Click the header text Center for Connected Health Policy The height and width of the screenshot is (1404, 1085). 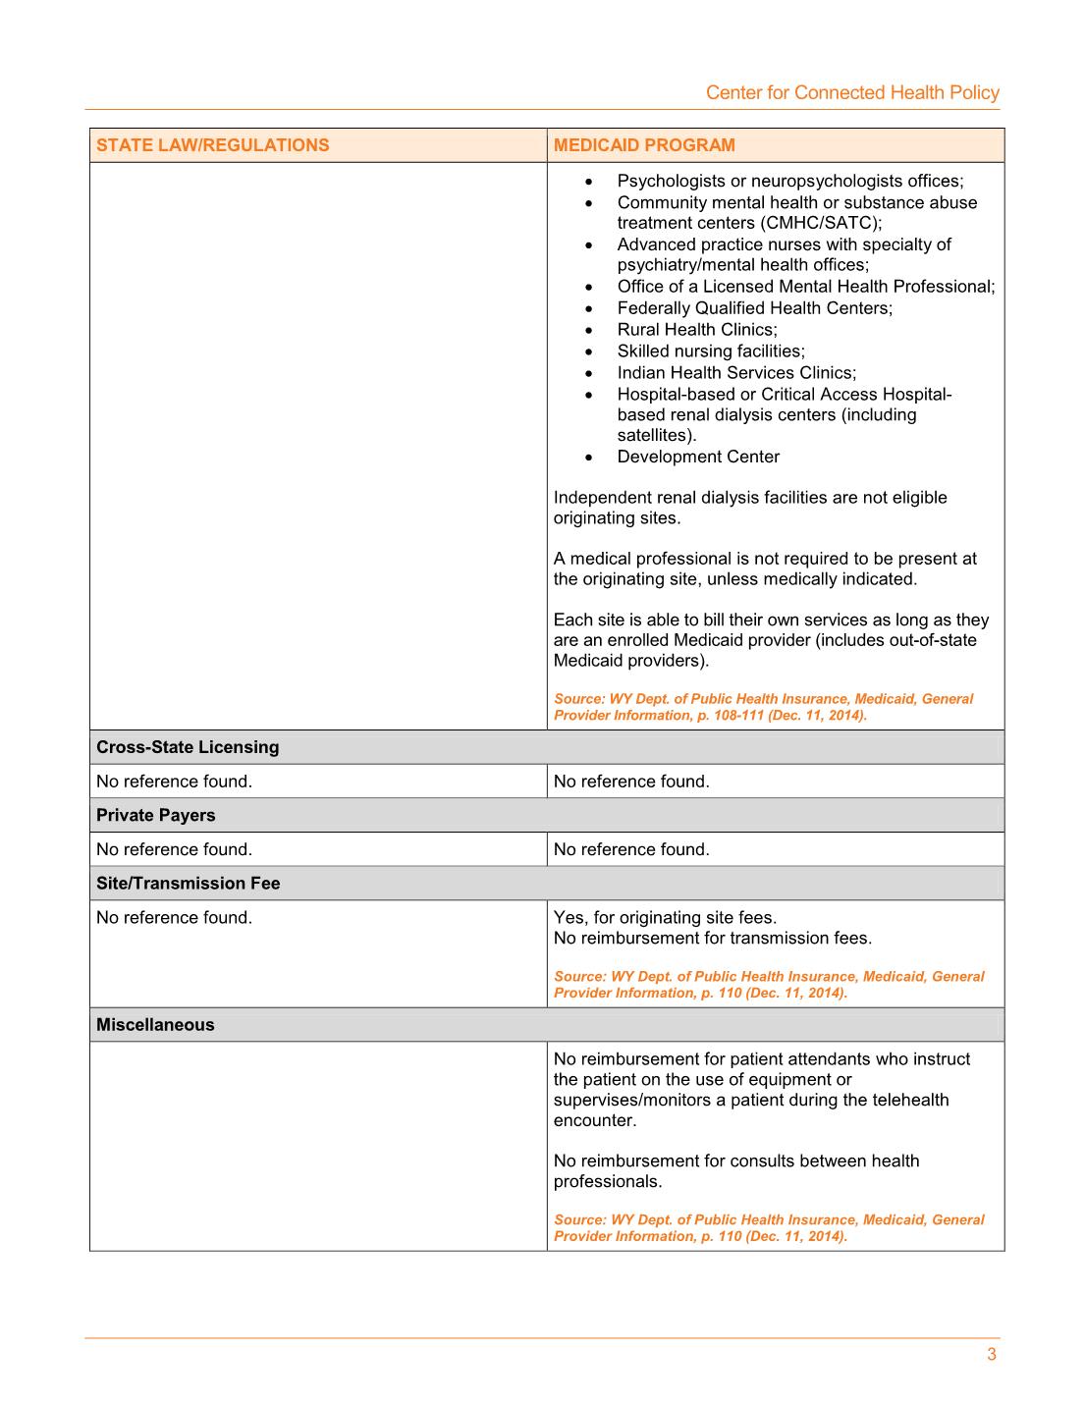pyautogui.click(x=852, y=92)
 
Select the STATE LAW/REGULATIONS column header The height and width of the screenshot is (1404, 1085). pyautogui.click(x=212, y=145)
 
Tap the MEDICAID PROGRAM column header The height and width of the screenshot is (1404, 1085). pyautogui.click(x=644, y=145)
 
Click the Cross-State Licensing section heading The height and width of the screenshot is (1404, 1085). pyautogui.click(x=188, y=747)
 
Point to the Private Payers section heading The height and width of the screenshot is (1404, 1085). pyautogui.click(x=155, y=815)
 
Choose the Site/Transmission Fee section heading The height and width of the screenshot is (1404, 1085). pyautogui.click(x=188, y=884)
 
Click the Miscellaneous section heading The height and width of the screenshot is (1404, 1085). pyautogui.click(x=155, y=1025)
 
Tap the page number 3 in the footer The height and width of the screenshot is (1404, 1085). pyautogui.click(x=992, y=1355)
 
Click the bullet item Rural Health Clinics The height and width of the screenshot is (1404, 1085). pyautogui.click(x=696, y=330)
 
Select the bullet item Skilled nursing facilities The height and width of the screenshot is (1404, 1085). pyautogui.click(x=710, y=351)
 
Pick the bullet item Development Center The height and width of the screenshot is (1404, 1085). pyautogui.click(x=698, y=457)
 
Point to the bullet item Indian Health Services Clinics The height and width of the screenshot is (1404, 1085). pyautogui.click(x=735, y=373)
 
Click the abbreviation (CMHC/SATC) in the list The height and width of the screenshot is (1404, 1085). pyautogui.click(x=820, y=223)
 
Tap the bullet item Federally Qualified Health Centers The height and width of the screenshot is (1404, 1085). pyautogui.click(x=754, y=308)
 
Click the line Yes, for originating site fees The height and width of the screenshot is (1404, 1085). pyautogui.click(x=665, y=918)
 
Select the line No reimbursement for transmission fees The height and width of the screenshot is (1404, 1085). pyautogui.click(x=712, y=939)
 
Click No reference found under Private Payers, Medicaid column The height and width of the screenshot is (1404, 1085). pyautogui.click(x=631, y=849)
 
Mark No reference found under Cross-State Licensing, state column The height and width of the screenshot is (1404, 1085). pyautogui.click(x=174, y=782)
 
